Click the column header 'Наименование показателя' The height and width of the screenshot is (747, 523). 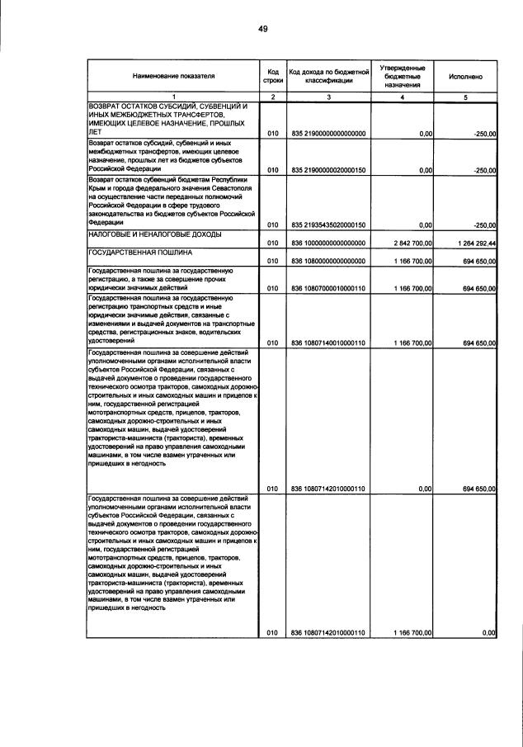(173, 75)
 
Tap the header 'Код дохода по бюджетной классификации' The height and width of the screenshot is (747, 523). (327, 75)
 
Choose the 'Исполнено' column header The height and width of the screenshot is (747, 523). (465, 75)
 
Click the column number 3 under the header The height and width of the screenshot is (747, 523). (327, 97)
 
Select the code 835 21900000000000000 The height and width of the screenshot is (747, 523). (328, 133)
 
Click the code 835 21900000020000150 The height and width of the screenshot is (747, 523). (328, 171)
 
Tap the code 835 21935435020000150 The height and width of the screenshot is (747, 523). (328, 225)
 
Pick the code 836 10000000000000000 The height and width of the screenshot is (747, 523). (328, 243)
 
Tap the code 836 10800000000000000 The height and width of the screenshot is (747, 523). (328, 261)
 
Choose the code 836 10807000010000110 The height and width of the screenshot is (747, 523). (328, 288)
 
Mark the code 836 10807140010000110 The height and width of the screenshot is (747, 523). (328, 342)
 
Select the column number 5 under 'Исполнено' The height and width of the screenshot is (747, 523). (465, 97)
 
